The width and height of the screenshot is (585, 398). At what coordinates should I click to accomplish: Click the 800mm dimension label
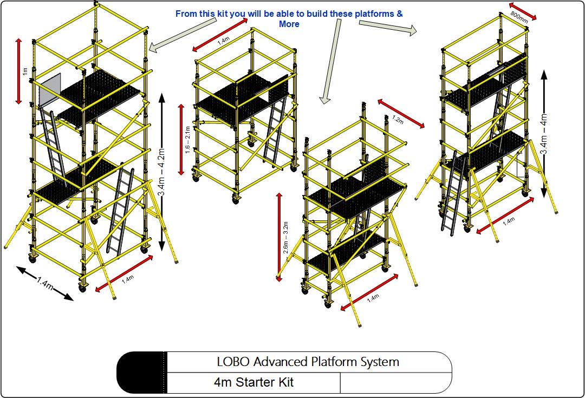(519, 17)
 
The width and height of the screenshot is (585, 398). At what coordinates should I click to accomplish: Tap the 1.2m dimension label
(398, 120)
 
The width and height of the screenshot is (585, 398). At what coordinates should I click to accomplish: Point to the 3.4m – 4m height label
(543, 134)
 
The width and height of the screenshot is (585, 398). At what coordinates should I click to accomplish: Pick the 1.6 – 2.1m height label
(187, 140)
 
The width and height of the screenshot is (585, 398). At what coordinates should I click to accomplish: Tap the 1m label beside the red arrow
(24, 71)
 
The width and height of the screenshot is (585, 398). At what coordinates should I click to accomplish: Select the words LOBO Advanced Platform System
(308, 362)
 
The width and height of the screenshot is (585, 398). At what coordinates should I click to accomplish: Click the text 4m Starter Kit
(253, 382)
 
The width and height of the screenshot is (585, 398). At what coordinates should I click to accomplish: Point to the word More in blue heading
(289, 24)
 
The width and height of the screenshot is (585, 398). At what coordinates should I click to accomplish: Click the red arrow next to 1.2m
(401, 113)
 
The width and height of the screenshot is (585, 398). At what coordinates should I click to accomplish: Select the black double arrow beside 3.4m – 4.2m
(162, 171)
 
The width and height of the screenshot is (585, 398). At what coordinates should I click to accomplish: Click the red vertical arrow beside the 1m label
(18, 71)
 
